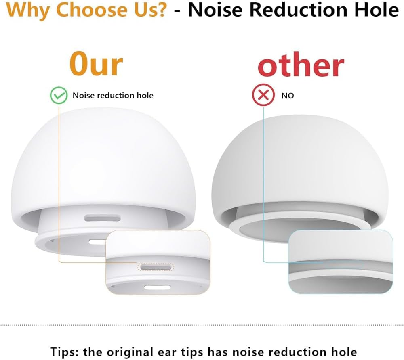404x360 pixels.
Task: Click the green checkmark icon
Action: pyautogui.click(x=59, y=96)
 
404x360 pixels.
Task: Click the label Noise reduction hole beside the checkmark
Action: pyautogui.click(x=113, y=96)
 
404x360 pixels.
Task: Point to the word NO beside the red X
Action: pyautogui.click(x=288, y=96)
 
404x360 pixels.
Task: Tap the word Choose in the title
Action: pyautogui.click(x=85, y=10)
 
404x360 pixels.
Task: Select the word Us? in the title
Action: pyautogui.click(x=147, y=10)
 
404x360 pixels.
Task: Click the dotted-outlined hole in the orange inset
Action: pyautogui.click(x=156, y=267)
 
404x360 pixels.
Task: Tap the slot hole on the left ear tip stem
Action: pyautogui.click(x=102, y=218)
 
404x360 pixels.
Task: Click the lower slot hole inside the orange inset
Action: pyautogui.click(x=155, y=287)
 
